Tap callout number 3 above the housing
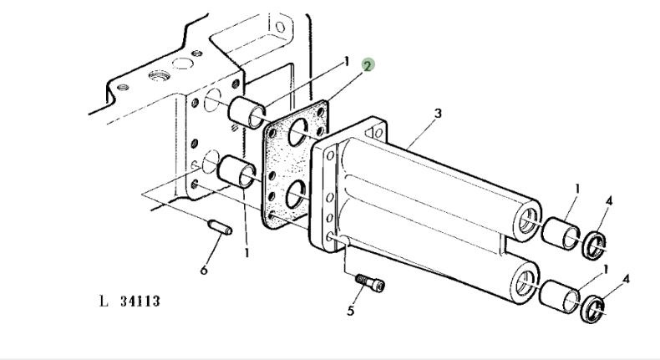point(439,112)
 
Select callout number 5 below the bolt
point(352,312)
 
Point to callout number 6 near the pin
point(204,269)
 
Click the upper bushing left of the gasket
point(246,112)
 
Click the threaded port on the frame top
point(156,76)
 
